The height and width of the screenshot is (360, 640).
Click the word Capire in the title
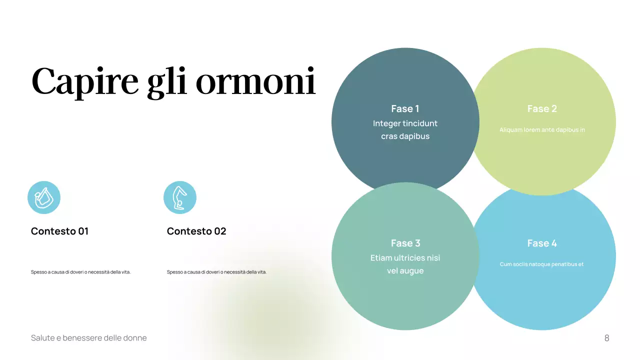[85, 81]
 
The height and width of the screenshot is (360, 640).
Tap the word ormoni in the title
[255, 81]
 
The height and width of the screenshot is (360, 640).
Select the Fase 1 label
[405, 108]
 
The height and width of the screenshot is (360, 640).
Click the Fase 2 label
[542, 108]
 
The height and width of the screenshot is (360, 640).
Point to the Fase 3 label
[405, 243]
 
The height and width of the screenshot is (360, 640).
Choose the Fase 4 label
[542, 243]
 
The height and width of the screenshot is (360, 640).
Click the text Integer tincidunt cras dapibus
[405, 129]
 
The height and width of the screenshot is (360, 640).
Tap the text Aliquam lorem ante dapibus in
[542, 130]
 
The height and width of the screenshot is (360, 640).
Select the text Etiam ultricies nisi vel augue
[405, 264]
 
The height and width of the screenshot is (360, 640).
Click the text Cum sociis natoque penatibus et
[542, 264]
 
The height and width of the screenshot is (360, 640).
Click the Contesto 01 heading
[59, 231]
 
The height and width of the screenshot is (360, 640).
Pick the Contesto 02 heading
[196, 231]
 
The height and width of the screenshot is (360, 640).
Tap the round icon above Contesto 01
[44, 197]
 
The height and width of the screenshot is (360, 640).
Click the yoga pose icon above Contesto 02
[180, 197]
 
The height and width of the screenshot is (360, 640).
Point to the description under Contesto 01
[80, 272]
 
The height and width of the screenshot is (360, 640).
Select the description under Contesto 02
[216, 272]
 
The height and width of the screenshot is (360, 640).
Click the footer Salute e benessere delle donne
[89, 338]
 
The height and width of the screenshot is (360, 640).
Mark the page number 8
[607, 338]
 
